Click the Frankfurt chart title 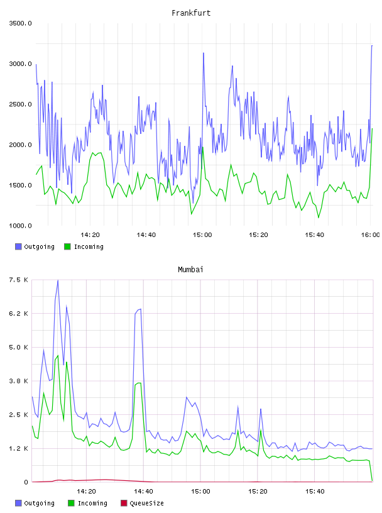191,13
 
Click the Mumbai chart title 190,269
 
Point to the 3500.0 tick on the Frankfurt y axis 20,23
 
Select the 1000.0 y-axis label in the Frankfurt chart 20,226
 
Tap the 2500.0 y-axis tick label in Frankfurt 20,104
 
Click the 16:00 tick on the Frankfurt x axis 370,235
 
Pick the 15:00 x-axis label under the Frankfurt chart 202,235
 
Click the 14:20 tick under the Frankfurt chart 90,235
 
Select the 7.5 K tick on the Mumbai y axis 18,280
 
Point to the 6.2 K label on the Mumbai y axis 18,314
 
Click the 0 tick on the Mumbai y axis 26,482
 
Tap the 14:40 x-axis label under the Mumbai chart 143,492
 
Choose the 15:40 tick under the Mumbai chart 315,492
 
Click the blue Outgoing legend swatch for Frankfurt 18,246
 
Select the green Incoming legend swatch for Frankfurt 67,246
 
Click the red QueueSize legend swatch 124,503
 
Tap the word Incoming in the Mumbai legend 92,504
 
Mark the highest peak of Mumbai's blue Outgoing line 58,280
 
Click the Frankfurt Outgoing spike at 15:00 204,53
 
